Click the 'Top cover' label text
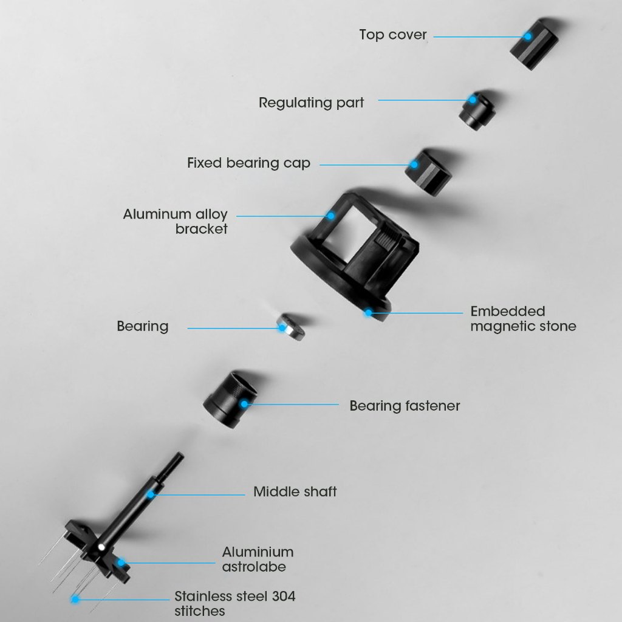tap(392, 35)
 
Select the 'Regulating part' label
tap(311, 103)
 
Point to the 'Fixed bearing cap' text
tap(248, 163)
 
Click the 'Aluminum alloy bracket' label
tap(175, 221)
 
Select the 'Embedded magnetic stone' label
tap(523, 319)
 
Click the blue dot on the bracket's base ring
tap(367, 313)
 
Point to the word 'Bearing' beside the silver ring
tap(143, 326)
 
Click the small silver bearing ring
tap(290, 327)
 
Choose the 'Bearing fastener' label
tap(405, 405)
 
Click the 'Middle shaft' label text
tap(295, 491)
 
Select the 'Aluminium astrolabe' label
tap(258, 559)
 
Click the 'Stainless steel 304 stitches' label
tap(234, 603)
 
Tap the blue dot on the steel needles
tap(75, 600)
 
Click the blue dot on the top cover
tap(528, 36)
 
